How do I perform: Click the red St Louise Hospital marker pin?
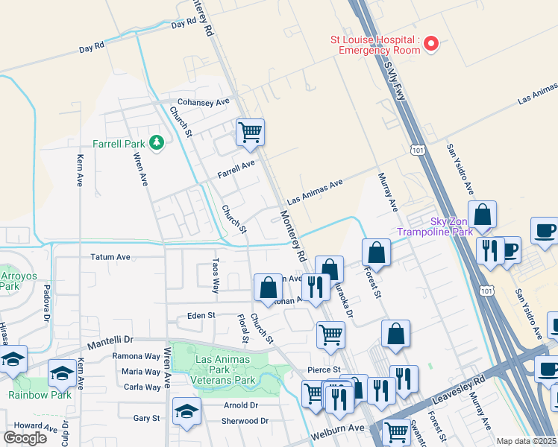point(430,45)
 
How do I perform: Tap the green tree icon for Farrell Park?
point(156,142)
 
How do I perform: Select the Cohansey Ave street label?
point(202,103)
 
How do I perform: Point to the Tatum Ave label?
point(110,257)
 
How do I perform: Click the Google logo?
point(25,438)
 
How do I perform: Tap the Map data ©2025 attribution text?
point(526,441)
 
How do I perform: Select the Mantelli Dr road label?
point(110,343)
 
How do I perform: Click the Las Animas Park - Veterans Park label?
point(225,370)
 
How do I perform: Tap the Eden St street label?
point(201,316)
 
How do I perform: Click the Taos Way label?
point(215,276)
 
